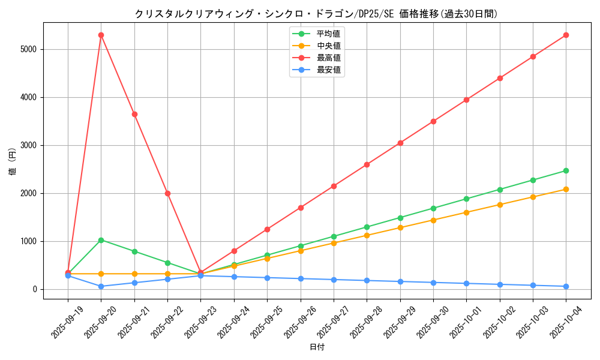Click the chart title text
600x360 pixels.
[316, 14]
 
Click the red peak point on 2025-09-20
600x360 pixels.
[101, 35]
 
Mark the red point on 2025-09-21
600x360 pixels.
[134, 114]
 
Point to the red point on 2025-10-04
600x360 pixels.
[566, 35]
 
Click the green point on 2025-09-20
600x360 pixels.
[101, 240]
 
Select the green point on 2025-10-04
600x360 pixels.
[566, 170]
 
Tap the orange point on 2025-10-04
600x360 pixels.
[566, 189]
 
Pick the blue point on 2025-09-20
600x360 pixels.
[101, 286]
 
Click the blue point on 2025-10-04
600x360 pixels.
[566, 286]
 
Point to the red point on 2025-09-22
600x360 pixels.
[167, 193]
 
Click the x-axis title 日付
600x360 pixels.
[316, 347]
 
